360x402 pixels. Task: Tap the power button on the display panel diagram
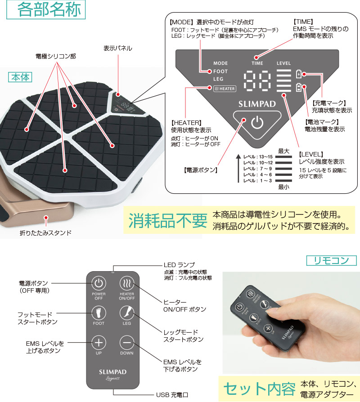point(256,122)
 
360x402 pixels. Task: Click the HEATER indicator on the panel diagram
point(225,89)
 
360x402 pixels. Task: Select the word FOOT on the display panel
point(220,71)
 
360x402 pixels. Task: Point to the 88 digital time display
point(257,80)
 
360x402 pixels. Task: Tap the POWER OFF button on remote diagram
point(99,284)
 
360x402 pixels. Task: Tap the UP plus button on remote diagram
point(99,343)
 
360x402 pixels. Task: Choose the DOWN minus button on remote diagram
point(126,343)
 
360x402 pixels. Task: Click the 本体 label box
point(20,77)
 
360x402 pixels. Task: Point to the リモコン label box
point(331,260)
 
